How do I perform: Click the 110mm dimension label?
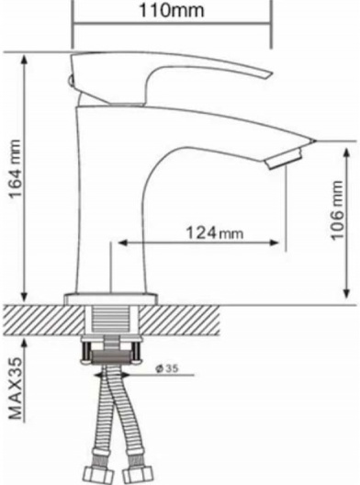pyautogui.click(x=172, y=10)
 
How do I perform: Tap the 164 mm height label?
pyautogui.click(x=16, y=169)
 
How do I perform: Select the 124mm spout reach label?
pyautogui.click(x=214, y=232)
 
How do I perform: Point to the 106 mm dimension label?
pyautogui.click(x=337, y=210)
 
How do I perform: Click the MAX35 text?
pyautogui.click(x=16, y=389)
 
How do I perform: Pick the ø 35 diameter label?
pyautogui.click(x=167, y=368)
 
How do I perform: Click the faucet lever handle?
pyautogui.click(x=170, y=78)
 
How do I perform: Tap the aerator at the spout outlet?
pyautogui.click(x=284, y=159)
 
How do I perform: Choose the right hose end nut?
pyautogui.click(x=138, y=476)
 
